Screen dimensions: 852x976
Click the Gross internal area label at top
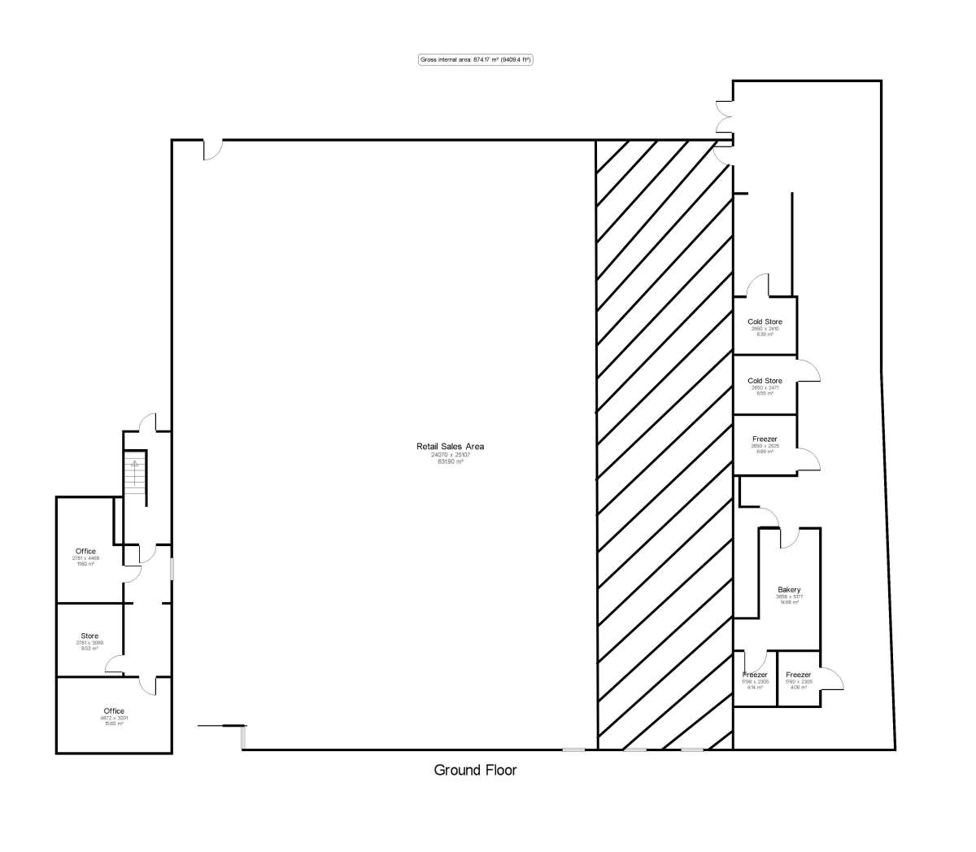(475, 59)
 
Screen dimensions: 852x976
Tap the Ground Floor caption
(475, 770)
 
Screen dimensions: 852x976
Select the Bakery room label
(789, 590)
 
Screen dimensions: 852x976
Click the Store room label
(89, 636)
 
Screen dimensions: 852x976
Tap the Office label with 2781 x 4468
(85, 552)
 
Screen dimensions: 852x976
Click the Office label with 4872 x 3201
(114, 711)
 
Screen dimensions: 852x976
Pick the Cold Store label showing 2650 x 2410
(765, 322)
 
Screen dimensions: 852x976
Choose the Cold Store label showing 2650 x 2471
(765, 381)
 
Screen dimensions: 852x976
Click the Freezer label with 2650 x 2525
(765, 439)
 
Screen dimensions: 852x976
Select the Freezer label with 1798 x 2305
(755, 675)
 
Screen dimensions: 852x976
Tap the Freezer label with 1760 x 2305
(798, 675)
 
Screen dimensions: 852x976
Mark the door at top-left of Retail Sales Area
(212, 150)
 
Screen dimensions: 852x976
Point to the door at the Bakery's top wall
(789, 538)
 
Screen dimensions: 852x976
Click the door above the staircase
(147, 422)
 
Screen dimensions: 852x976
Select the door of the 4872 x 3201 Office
(147, 685)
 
